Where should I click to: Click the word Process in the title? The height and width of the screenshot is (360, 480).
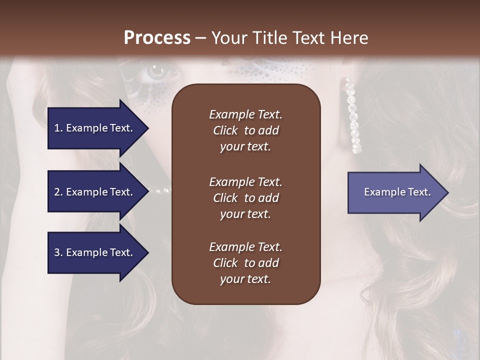click(157, 38)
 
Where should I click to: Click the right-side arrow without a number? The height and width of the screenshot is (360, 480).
click(395, 192)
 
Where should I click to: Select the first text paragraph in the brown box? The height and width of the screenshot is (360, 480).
click(245, 130)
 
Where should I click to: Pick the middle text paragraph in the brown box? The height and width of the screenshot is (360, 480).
click(245, 198)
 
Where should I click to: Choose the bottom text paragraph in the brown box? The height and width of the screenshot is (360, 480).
click(245, 263)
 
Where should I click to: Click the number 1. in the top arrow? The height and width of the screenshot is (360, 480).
click(58, 128)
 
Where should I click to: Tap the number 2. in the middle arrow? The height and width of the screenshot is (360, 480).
click(58, 192)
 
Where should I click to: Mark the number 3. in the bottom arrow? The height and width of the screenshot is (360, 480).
click(58, 252)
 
